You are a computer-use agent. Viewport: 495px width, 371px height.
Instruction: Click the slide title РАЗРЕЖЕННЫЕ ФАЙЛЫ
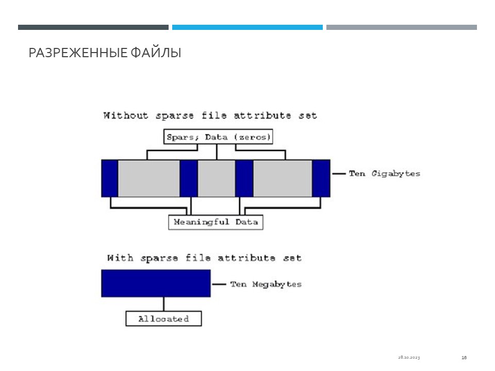(x=105, y=53)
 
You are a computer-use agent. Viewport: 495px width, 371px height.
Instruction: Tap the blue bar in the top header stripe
(x=247, y=27)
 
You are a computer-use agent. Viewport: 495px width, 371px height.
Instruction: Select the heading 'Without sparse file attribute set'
(x=210, y=115)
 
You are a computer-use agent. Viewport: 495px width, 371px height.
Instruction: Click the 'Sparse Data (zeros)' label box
(x=218, y=137)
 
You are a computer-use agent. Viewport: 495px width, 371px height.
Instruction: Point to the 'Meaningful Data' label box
(x=216, y=222)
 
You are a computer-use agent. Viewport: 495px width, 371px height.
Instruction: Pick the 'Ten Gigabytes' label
(x=385, y=174)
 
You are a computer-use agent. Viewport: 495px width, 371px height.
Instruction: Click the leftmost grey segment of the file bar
(x=149, y=179)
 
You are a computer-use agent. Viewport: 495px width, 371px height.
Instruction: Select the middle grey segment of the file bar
(x=217, y=179)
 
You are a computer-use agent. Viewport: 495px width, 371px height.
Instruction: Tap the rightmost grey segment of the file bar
(x=283, y=179)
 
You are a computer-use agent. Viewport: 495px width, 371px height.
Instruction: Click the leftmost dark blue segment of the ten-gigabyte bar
(x=110, y=179)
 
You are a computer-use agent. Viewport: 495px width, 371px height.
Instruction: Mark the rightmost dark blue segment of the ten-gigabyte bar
(x=321, y=179)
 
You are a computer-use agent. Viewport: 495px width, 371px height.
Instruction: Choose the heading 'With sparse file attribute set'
(x=204, y=258)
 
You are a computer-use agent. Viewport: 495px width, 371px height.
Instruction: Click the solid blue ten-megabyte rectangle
(x=156, y=283)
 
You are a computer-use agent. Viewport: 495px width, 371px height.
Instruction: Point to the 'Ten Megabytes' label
(x=266, y=284)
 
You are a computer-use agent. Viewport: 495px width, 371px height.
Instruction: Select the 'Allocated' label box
(x=163, y=318)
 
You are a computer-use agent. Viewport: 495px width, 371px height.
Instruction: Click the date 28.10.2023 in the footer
(x=409, y=358)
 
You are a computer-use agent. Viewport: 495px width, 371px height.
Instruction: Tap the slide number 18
(x=464, y=358)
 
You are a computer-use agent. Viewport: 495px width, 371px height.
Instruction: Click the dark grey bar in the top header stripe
(x=93, y=27)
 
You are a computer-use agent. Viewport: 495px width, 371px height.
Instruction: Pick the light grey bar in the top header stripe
(x=402, y=27)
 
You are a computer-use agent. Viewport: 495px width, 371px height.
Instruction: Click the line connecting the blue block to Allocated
(x=163, y=304)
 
